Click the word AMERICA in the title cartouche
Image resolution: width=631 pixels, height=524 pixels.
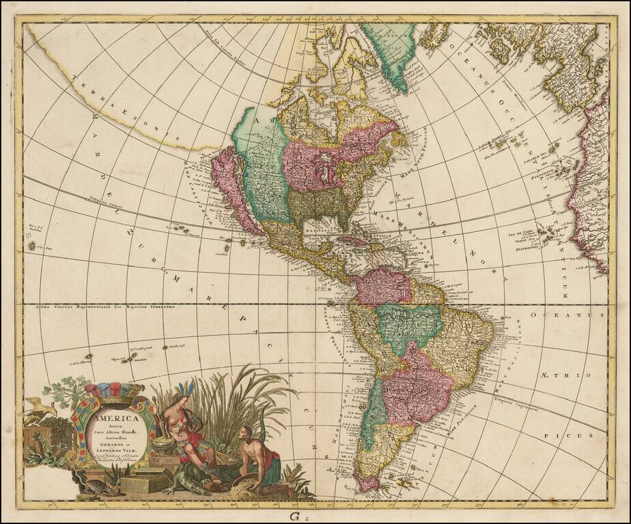click(115, 418)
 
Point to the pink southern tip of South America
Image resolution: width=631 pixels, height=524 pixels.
click(369, 484)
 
